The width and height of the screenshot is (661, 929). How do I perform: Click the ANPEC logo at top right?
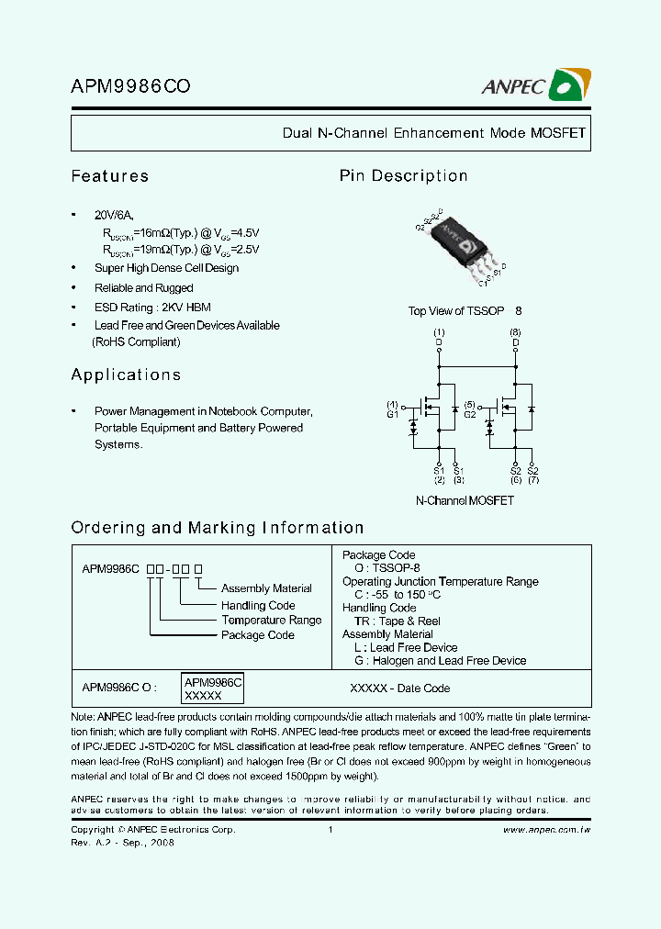[536, 87]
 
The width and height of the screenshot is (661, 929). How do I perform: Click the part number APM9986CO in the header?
[130, 88]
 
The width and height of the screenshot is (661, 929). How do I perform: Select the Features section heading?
[109, 176]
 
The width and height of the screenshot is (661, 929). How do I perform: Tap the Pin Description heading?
[403, 176]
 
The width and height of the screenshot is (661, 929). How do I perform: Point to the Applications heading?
[126, 375]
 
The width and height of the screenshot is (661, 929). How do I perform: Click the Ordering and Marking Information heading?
[218, 528]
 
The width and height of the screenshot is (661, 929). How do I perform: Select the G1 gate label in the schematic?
[392, 415]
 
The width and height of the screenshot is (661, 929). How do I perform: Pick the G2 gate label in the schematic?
[469, 415]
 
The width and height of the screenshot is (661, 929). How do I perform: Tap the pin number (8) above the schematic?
[515, 332]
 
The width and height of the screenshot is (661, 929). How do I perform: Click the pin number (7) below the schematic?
[532, 480]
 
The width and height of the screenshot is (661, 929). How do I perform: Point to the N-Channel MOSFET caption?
[465, 501]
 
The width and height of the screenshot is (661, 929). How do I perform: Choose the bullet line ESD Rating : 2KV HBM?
[152, 307]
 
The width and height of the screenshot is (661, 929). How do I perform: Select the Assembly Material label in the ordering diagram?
[266, 588]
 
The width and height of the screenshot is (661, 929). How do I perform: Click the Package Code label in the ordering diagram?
[257, 635]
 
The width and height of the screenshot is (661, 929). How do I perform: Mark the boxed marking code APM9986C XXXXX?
[212, 689]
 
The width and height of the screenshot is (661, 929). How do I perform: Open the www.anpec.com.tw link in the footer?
[546, 830]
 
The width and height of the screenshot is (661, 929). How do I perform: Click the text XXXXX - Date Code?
[400, 688]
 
